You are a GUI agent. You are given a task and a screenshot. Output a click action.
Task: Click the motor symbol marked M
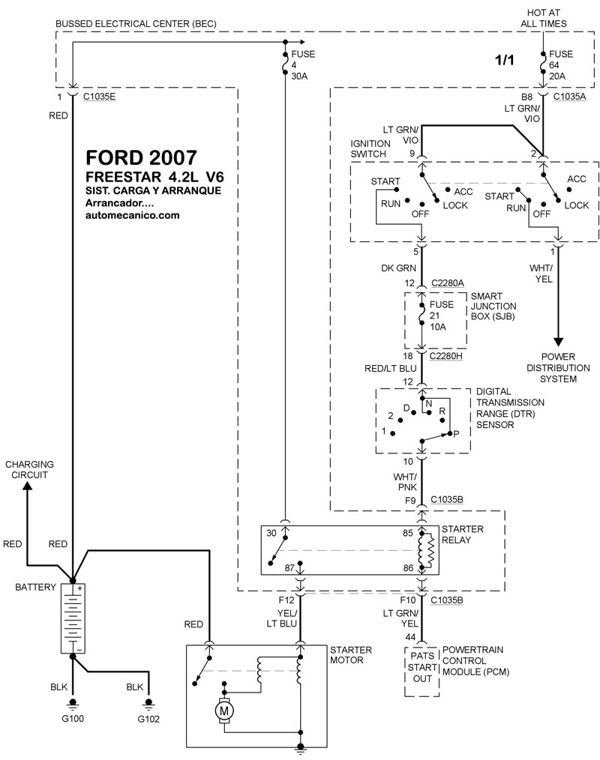point(224,711)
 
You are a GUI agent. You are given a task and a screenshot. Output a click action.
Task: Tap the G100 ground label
point(73,718)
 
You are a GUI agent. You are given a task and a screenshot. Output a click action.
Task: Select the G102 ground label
point(148,719)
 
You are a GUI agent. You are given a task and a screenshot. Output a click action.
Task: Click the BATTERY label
point(35,587)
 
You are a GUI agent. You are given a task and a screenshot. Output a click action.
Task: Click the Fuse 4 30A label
point(303,65)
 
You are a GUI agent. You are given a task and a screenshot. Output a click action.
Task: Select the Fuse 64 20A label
point(561,65)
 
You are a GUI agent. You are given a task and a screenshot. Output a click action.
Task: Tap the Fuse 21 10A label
point(442,316)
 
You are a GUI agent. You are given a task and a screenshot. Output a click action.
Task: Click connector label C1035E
point(99,97)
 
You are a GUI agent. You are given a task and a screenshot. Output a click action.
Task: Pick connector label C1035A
point(569,97)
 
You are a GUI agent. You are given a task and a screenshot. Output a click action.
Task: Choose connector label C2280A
point(447,283)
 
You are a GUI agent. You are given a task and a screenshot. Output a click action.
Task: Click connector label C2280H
point(445,356)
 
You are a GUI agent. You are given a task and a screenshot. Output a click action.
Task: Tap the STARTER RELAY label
point(462,534)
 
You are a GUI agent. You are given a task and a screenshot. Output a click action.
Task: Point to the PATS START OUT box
point(422,672)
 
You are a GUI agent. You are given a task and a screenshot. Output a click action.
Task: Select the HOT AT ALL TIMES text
point(543,18)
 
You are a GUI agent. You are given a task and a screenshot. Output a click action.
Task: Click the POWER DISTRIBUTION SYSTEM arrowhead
point(558,341)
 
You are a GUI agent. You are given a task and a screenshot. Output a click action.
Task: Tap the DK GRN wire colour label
point(398,268)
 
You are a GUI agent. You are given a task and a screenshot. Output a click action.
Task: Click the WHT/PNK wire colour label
point(405,482)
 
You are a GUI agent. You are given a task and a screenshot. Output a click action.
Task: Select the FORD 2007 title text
point(141,157)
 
